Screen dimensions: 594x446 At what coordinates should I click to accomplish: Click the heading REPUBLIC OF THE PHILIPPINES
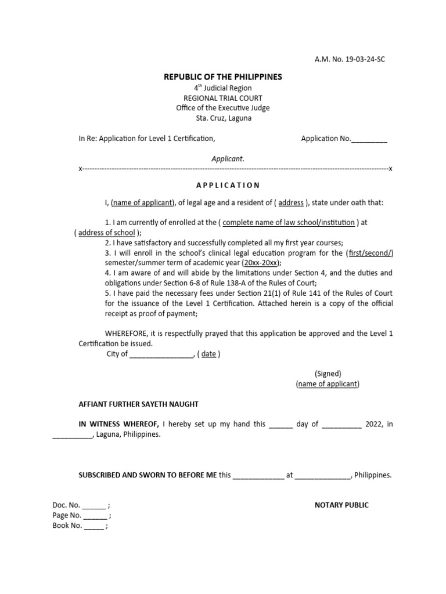tap(223, 77)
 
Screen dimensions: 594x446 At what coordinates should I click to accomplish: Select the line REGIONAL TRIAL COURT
tap(223, 98)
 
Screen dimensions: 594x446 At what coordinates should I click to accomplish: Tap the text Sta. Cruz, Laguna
tap(223, 118)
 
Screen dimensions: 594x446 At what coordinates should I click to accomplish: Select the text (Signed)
tap(328, 374)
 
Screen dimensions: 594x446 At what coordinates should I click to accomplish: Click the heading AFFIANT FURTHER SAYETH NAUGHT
tap(138, 404)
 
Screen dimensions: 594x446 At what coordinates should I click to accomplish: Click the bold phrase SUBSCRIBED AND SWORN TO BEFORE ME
tap(148, 475)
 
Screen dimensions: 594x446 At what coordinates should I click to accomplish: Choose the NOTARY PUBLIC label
tap(341, 505)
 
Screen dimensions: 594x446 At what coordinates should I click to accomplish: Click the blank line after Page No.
tap(95, 516)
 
